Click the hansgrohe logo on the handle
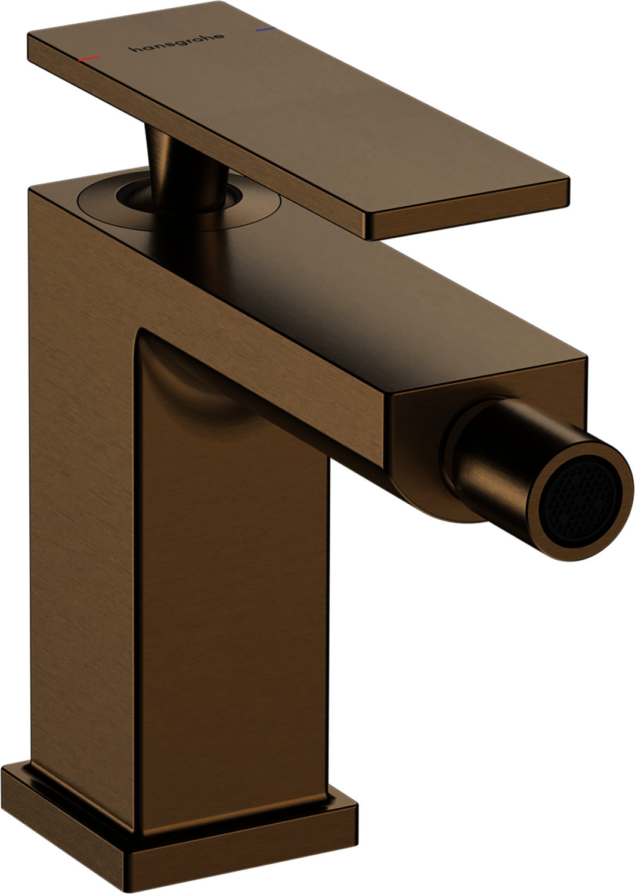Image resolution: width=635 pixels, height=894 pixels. coord(177,43)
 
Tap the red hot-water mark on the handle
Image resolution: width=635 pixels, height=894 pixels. coord(89,58)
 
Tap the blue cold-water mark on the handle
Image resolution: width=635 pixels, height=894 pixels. coord(264,29)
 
